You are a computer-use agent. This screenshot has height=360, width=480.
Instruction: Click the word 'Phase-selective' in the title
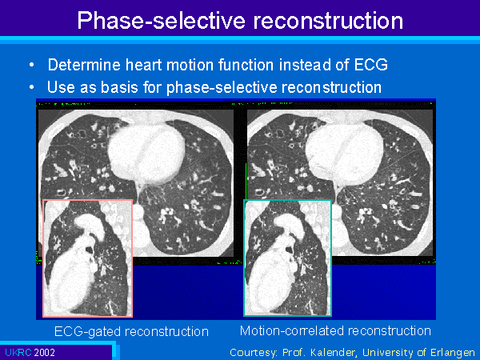pyautogui.click(x=162, y=21)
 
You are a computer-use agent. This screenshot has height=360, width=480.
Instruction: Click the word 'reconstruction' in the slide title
pyautogui.click(x=328, y=21)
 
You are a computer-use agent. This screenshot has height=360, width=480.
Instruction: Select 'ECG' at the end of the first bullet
pyautogui.click(x=370, y=65)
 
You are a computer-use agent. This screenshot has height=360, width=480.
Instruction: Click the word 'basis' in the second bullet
pyautogui.click(x=120, y=87)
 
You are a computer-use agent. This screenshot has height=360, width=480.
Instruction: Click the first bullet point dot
pyautogui.click(x=32, y=65)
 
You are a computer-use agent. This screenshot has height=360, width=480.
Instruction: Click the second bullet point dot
pyautogui.click(x=32, y=87)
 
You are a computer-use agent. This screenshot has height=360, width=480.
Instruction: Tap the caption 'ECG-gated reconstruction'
pyautogui.click(x=131, y=331)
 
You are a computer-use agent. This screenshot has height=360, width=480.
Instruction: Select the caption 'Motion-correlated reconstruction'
pyautogui.click(x=335, y=331)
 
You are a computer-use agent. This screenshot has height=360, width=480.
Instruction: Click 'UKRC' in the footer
pyautogui.click(x=18, y=353)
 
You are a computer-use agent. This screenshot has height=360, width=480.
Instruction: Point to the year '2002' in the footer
pyautogui.click(x=45, y=353)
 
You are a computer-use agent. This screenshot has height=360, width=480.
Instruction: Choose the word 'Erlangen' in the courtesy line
pyautogui.click(x=453, y=353)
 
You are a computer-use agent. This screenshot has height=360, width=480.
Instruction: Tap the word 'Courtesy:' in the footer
pyautogui.click(x=254, y=353)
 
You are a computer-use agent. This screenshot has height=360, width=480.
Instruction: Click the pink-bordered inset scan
pyautogui.click(x=87, y=258)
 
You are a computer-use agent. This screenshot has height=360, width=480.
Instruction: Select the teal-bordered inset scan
pyautogui.click(x=287, y=258)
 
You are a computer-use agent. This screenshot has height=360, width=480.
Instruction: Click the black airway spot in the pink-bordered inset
pyautogui.click(x=89, y=249)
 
